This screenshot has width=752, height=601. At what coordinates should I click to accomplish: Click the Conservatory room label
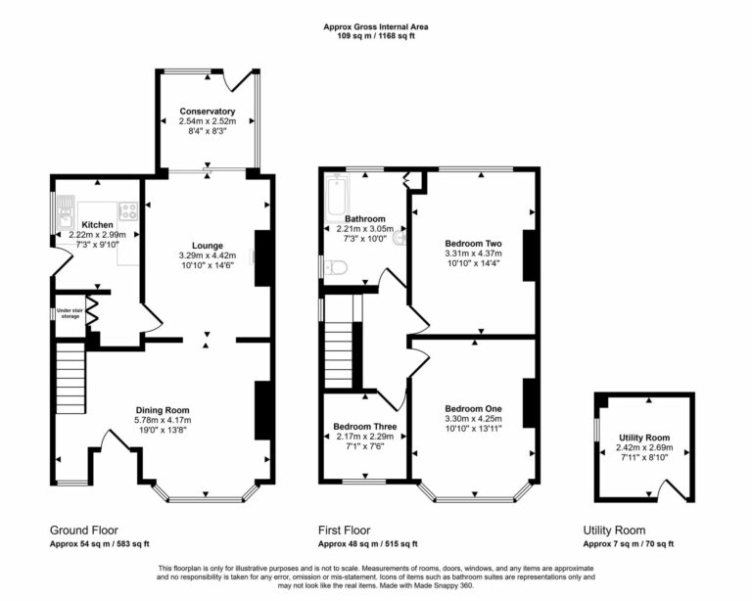pos(207,112)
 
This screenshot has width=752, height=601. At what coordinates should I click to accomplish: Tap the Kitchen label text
pos(98,224)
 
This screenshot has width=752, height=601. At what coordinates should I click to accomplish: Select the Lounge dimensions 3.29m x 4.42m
pos(208,256)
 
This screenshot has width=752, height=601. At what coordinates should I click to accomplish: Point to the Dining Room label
pos(163,410)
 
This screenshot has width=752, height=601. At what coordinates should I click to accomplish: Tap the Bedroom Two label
pos(473,242)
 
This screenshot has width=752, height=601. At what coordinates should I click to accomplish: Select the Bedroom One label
pos(473,408)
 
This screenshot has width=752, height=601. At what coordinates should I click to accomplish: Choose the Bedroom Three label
pos(364,427)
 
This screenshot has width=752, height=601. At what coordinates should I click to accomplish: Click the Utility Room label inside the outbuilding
pos(644,437)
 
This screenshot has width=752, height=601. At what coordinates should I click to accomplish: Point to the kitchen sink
pos(65,208)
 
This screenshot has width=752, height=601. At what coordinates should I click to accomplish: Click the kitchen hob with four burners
pos(127,209)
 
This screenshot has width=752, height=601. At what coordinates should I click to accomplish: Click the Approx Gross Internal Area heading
pos(376,26)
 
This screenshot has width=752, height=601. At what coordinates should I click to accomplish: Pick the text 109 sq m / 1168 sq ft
pos(376,36)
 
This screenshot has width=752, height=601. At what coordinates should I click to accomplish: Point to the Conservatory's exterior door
pos(239,79)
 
